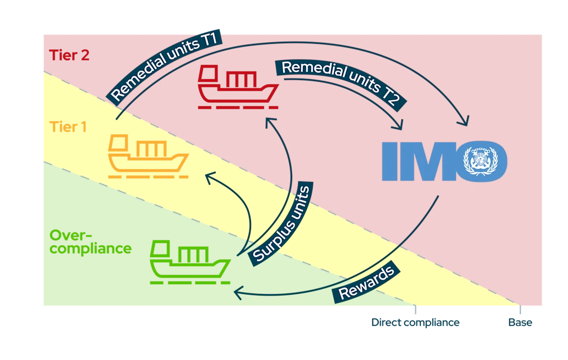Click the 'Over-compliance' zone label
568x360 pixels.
(89, 242)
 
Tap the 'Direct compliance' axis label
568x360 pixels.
(415, 323)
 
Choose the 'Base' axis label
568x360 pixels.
(520, 323)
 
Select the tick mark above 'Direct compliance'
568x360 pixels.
(416, 311)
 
